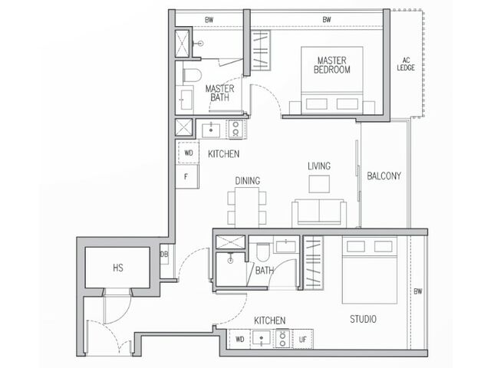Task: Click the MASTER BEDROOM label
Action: [x=331, y=65]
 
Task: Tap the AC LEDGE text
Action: [x=406, y=64]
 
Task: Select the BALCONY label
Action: [x=384, y=176]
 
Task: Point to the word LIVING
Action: [x=319, y=166]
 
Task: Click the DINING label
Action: [x=247, y=181]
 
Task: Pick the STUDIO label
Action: [x=363, y=319]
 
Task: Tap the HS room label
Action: [x=118, y=268]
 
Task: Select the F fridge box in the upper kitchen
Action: [x=186, y=177]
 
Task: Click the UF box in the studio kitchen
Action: [x=302, y=339]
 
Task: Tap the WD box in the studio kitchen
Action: [x=239, y=339]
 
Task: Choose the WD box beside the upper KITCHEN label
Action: [x=188, y=153]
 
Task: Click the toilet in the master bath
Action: [x=192, y=76]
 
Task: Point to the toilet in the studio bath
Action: [x=262, y=252]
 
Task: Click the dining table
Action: [x=247, y=208]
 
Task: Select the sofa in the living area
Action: [x=319, y=213]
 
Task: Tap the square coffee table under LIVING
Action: [x=319, y=184]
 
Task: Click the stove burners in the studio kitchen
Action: [x=282, y=339]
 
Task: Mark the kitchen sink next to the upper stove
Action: [x=211, y=130]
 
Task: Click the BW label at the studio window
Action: [x=417, y=291]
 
